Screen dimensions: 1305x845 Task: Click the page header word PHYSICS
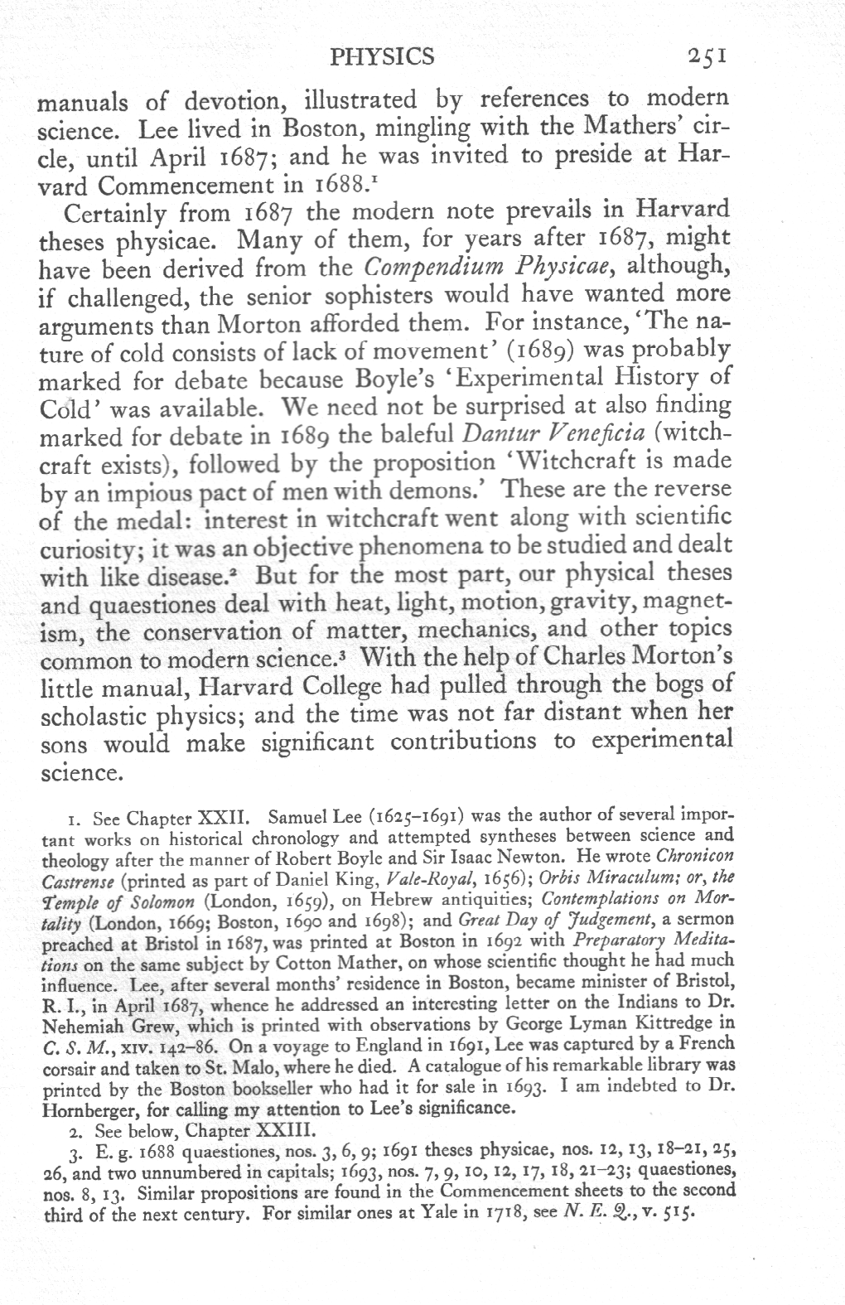(381, 56)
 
